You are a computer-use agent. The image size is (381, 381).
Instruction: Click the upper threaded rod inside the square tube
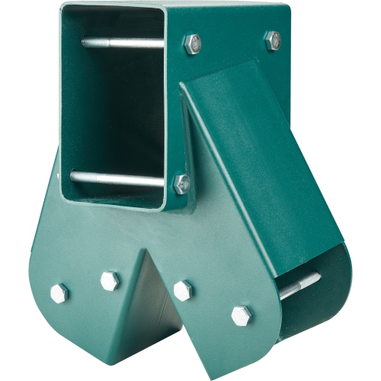point(122,43)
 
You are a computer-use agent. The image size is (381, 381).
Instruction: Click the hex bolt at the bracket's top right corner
point(272,40)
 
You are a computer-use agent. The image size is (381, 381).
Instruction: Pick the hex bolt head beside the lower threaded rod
point(181,183)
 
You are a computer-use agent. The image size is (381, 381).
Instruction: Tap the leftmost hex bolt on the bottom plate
point(59,293)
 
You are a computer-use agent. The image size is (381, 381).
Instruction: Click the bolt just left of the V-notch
point(110,280)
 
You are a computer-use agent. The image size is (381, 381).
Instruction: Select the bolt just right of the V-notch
point(183,290)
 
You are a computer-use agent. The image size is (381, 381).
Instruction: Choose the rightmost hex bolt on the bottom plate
point(242,314)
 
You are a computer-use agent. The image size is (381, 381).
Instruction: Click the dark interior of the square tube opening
point(114,107)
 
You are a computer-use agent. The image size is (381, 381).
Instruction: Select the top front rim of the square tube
point(114,9)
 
